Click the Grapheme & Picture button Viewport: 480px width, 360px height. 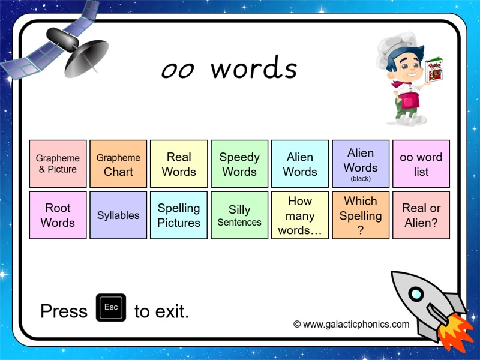click(x=58, y=164)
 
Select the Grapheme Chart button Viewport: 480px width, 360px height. click(x=118, y=164)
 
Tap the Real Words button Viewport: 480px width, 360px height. click(x=179, y=164)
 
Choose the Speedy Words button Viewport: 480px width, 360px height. click(x=239, y=164)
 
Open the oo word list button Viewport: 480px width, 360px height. click(x=421, y=164)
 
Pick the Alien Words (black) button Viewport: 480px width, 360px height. click(x=361, y=164)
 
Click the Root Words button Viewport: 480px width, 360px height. click(x=58, y=215)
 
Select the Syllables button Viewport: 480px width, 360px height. click(x=118, y=215)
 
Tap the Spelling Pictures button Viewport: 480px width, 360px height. click(x=179, y=215)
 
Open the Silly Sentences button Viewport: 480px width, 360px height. click(x=239, y=215)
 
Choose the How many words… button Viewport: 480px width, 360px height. click(x=300, y=215)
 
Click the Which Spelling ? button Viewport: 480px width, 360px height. click(x=361, y=215)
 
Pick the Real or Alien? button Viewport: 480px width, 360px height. click(x=421, y=215)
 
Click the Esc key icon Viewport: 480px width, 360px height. click(x=111, y=308)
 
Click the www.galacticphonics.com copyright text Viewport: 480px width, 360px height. click(x=352, y=324)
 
